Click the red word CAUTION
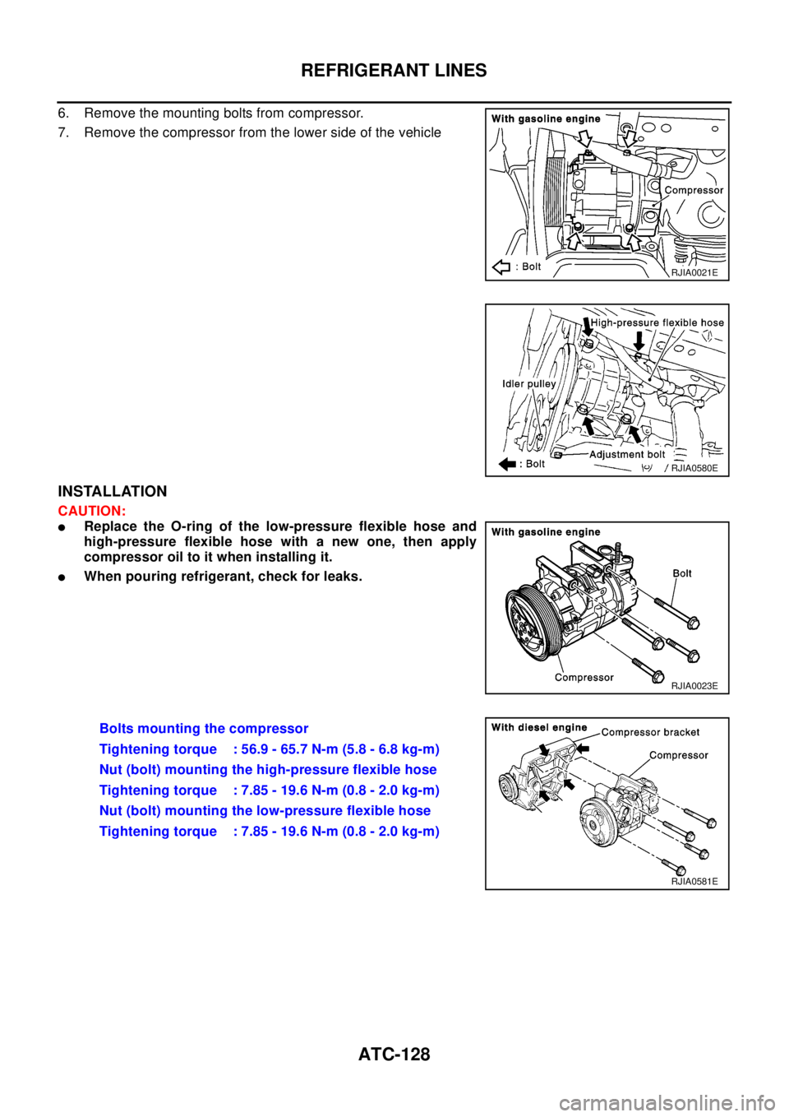pyautogui.click(x=90, y=512)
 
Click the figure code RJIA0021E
pyautogui.click(x=699, y=272)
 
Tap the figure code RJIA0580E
pyautogui.click(x=694, y=468)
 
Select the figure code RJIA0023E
pyautogui.click(x=694, y=685)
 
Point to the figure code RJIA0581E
pyautogui.click(x=694, y=881)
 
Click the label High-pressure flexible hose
pyautogui.click(x=657, y=322)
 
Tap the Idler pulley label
pyautogui.click(x=529, y=384)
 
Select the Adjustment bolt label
pyautogui.click(x=627, y=454)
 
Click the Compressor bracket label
pyautogui.click(x=650, y=732)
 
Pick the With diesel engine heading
pyautogui.click(x=539, y=727)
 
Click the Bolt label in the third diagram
pyautogui.click(x=682, y=573)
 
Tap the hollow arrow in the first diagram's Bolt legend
pyautogui.click(x=501, y=267)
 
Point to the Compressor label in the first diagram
pyautogui.click(x=694, y=190)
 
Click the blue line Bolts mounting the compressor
pyautogui.click(x=204, y=729)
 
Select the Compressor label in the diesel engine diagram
pyautogui.click(x=678, y=755)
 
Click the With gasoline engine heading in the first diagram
pyautogui.click(x=546, y=118)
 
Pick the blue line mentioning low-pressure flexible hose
pyautogui.click(x=265, y=811)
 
